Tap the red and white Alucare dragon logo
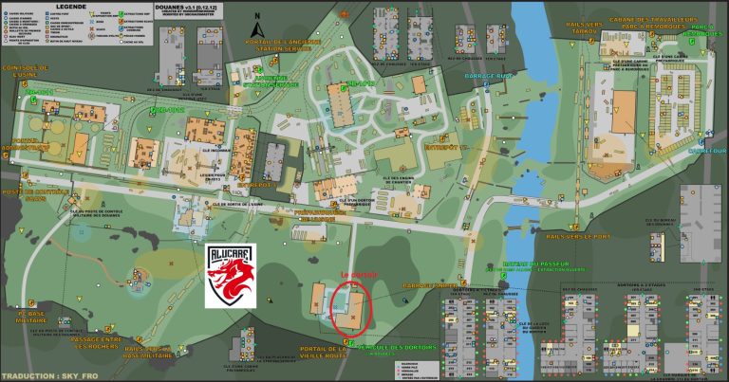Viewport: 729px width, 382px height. pos(233,276)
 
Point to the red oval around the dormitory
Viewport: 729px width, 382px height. pos(351,308)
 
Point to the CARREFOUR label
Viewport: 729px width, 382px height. pos(705,150)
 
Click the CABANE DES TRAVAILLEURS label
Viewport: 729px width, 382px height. pos(641,20)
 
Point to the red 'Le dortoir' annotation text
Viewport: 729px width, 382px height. pos(359,275)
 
